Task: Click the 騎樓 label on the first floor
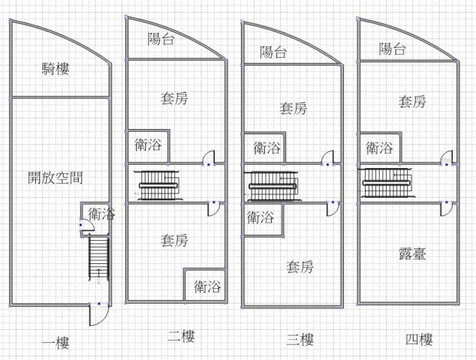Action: tap(56, 70)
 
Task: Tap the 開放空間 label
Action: tap(55, 178)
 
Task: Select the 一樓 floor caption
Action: tap(56, 343)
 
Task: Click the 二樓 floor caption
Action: tap(181, 337)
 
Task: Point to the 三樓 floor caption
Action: tap(300, 340)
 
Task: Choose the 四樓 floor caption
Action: tap(418, 340)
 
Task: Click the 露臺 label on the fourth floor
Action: tap(412, 254)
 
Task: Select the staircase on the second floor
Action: tap(158, 184)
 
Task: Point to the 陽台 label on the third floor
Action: tap(273, 52)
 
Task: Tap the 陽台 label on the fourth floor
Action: tap(392, 49)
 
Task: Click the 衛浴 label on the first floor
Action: tap(101, 214)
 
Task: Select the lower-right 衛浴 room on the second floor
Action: tap(206, 286)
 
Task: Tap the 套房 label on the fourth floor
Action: tap(412, 101)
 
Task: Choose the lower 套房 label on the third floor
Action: tap(300, 266)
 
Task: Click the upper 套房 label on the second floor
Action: tap(174, 98)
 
